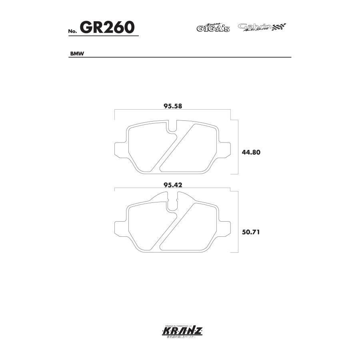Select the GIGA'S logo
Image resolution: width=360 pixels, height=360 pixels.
click(x=213, y=28)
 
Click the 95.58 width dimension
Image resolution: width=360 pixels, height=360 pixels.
click(x=173, y=106)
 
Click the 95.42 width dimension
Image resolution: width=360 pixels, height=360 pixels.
click(x=173, y=185)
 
